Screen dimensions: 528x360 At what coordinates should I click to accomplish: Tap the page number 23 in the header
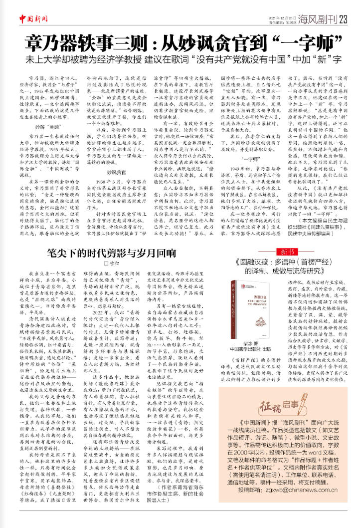click(x=343, y=19)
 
